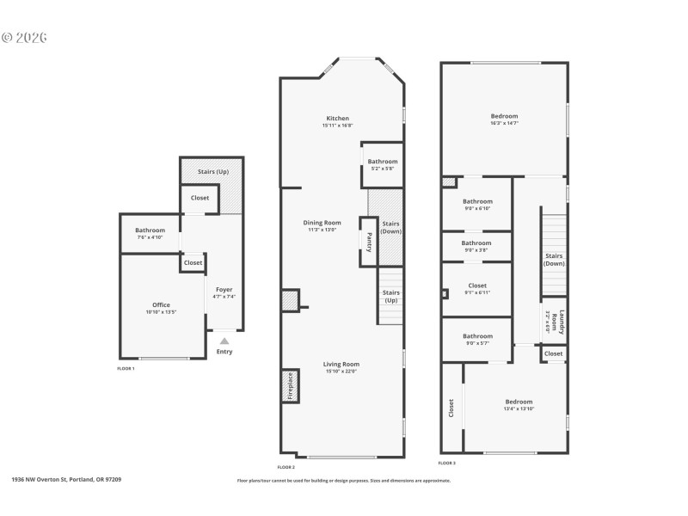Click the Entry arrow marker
click(224, 341)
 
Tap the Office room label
click(161, 305)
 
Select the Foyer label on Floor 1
click(224, 290)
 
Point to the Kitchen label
click(337, 119)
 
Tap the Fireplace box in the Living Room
click(290, 386)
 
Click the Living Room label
click(341, 364)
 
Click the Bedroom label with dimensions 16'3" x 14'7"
click(504, 116)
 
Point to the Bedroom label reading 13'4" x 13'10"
click(519, 402)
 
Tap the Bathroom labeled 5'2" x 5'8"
click(383, 162)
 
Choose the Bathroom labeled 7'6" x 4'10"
click(150, 230)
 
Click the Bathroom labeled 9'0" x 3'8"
click(476, 243)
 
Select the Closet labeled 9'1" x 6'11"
click(476, 286)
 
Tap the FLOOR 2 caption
click(286, 467)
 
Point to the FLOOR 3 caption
click(446, 463)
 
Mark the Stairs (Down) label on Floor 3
click(554, 259)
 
